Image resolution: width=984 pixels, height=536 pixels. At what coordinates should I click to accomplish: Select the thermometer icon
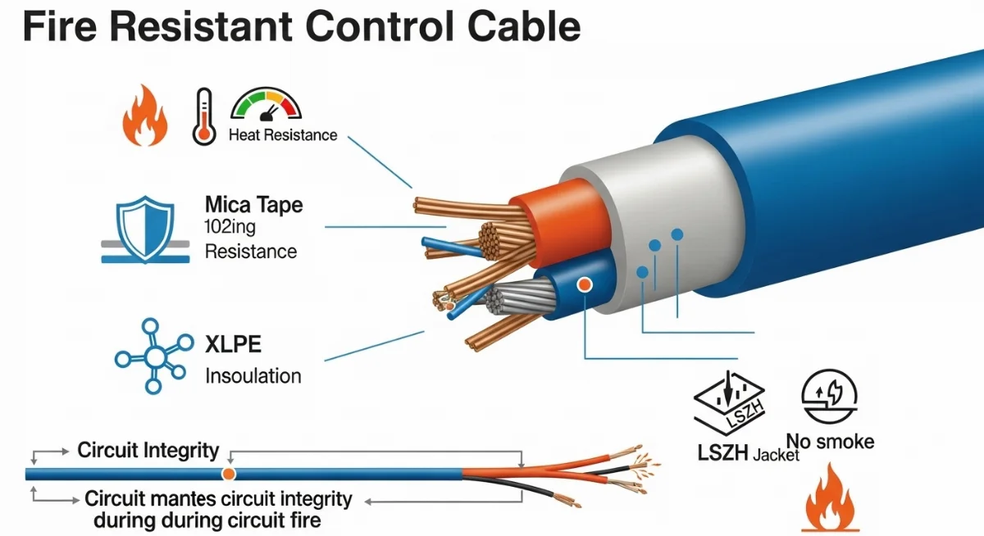203,118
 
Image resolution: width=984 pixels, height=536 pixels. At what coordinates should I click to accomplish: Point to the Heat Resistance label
283,135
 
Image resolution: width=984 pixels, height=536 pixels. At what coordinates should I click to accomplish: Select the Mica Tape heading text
253,204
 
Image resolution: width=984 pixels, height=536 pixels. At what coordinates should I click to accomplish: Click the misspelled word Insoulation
253,376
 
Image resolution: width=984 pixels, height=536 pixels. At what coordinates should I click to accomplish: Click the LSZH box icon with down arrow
729,401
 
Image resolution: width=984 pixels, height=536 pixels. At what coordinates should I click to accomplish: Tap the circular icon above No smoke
829,396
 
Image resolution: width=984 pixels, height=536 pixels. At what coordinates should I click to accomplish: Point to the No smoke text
830,443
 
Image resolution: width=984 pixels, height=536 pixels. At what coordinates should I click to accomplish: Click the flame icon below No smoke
829,500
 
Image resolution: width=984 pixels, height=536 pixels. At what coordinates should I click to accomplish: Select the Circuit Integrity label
148,450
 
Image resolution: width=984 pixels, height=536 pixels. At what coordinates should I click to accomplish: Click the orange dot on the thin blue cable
229,474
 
